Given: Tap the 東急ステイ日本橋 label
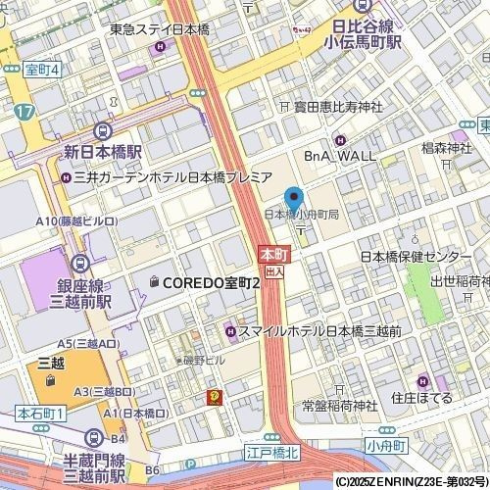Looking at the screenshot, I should click(184, 29).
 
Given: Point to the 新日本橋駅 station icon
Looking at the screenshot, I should click(102, 133).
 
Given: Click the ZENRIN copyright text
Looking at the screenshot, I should click(411, 482).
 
